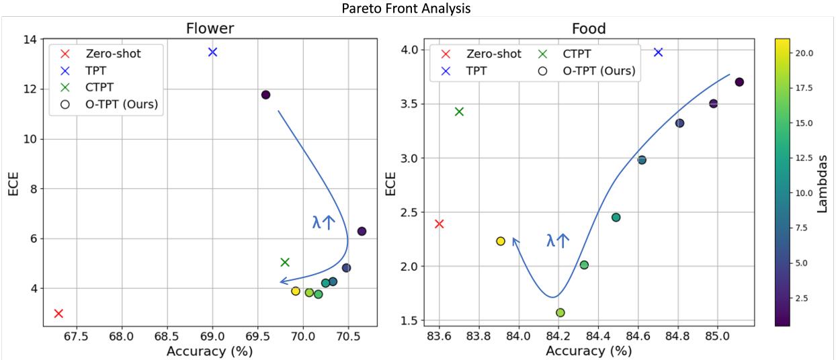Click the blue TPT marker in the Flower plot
pyautogui.click(x=212, y=52)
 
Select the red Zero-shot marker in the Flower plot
pyautogui.click(x=58, y=314)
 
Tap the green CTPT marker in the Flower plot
pyautogui.click(x=285, y=262)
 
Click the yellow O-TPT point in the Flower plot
pyautogui.click(x=296, y=291)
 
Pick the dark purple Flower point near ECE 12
pyautogui.click(x=265, y=95)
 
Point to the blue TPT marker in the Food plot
pyautogui.click(x=659, y=52)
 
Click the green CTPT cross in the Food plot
pyautogui.click(x=459, y=111)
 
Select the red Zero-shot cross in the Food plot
pyautogui.click(x=440, y=224)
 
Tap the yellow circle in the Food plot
pyautogui.click(x=501, y=241)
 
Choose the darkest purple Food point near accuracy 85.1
pyautogui.click(x=739, y=82)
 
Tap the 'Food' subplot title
pyautogui.click(x=589, y=30)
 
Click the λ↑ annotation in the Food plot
pyautogui.click(x=557, y=240)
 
